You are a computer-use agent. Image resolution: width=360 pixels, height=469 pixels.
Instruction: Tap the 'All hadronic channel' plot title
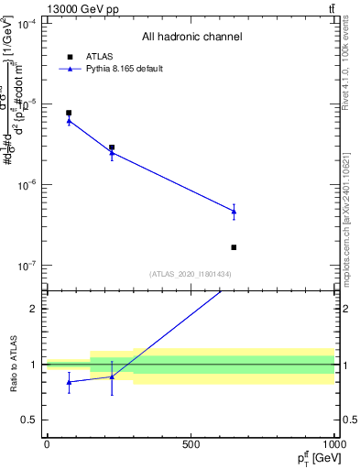click(191, 37)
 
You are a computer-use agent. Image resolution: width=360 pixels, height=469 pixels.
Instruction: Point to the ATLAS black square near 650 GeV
click(235, 247)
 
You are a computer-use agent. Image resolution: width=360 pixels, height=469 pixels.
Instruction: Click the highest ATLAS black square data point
click(69, 113)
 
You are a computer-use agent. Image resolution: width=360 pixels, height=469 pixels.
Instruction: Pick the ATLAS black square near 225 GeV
click(112, 147)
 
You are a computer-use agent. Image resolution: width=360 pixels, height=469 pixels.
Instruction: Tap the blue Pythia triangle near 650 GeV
click(235, 212)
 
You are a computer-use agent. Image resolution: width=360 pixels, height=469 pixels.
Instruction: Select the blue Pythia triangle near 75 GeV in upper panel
click(69, 120)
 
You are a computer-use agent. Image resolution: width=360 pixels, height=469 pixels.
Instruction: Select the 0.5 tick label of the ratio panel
click(29, 420)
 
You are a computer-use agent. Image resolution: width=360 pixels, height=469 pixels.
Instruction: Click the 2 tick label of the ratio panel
click(35, 308)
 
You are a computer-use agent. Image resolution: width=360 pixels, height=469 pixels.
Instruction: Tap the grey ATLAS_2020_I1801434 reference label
click(191, 275)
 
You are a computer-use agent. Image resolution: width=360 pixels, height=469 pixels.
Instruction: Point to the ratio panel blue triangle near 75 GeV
click(69, 382)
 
